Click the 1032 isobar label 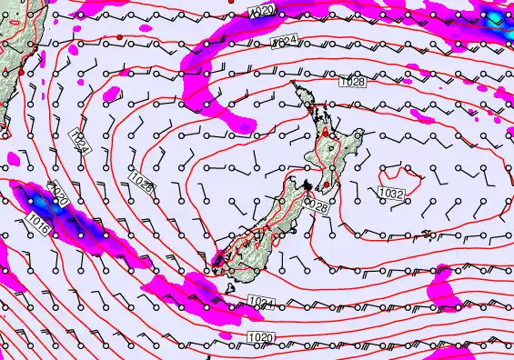391,193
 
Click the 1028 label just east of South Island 315,207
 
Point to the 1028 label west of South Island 141,180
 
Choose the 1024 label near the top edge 284,42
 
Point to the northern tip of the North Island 293,84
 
